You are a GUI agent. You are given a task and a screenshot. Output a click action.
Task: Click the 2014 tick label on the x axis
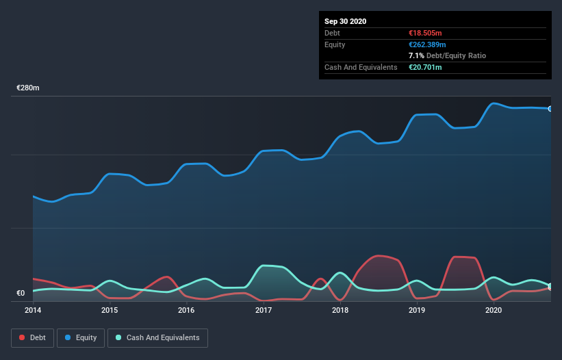click(x=33, y=310)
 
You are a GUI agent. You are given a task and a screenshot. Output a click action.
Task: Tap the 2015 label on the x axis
click(x=110, y=310)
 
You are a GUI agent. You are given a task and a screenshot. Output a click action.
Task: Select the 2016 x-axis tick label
click(x=186, y=310)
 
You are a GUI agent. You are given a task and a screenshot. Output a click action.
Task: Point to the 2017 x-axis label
click(x=263, y=310)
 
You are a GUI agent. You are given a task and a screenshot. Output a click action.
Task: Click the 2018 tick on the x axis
click(x=340, y=310)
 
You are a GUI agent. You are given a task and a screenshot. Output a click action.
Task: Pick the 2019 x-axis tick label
click(x=416, y=310)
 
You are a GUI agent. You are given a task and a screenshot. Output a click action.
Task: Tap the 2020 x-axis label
click(x=493, y=310)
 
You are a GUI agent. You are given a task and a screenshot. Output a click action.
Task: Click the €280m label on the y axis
click(x=28, y=88)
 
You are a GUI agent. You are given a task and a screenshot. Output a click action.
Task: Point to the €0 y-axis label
click(x=21, y=294)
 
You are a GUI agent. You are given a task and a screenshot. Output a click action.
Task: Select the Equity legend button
click(x=81, y=338)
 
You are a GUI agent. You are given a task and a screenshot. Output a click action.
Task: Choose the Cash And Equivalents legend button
click(x=157, y=338)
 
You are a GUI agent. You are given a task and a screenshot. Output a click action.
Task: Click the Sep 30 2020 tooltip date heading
click(x=345, y=21)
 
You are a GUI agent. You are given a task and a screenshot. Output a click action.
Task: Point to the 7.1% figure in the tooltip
click(x=416, y=55)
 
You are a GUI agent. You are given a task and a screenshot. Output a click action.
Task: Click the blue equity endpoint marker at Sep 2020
click(x=550, y=109)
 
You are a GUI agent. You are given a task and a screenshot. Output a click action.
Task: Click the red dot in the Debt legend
click(x=23, y=338)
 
